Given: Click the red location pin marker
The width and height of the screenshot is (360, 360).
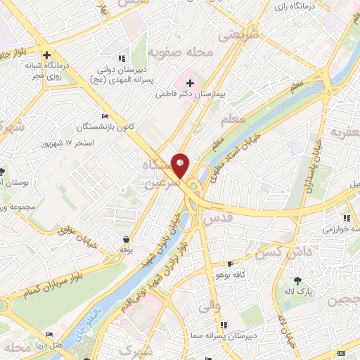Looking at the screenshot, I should (181, 167).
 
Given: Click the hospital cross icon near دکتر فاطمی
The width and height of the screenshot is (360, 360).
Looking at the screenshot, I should (190, 83).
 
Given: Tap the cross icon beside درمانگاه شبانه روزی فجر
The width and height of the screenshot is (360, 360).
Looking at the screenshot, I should (46, 54).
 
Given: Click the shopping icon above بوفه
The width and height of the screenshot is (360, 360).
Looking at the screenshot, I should (126, 239).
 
